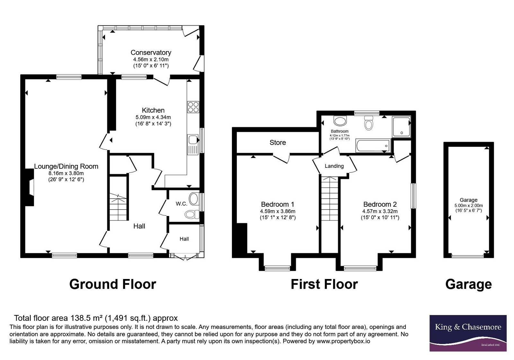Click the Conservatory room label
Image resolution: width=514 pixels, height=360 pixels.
(x=151, y=53)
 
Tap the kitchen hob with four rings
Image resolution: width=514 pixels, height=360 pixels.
(x=193, y=107)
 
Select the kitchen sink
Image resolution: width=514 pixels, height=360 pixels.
(x=193, y=144)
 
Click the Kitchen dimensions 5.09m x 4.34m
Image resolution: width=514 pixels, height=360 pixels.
(x=153, y=117)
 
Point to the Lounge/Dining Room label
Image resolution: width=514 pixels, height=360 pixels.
(x=66, y=166)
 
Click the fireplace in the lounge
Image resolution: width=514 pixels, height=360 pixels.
(x=29, y=187)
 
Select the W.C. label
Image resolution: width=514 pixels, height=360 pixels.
(x=182, y=204)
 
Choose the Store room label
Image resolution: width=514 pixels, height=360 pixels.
(x=278, y=143)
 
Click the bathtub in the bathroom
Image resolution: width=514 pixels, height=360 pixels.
(x=373, y=146)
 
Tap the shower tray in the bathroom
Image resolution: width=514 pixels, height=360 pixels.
(x=401, y=127)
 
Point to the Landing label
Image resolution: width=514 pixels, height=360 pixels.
(x=334, y=166)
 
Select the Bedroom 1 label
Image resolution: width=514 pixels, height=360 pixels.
(x=278, y=204)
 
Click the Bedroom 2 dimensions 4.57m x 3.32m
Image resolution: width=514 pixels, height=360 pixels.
(x=380, y=211)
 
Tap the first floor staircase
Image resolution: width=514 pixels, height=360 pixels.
(x=330, y=199)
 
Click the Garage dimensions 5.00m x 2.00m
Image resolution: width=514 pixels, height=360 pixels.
(x=469, y=205)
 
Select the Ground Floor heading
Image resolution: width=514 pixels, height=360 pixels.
(x=113, y=284)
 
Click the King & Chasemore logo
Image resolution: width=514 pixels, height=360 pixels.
(x=468, y=333)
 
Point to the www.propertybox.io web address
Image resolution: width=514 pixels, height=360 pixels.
(x=343, y=341)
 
